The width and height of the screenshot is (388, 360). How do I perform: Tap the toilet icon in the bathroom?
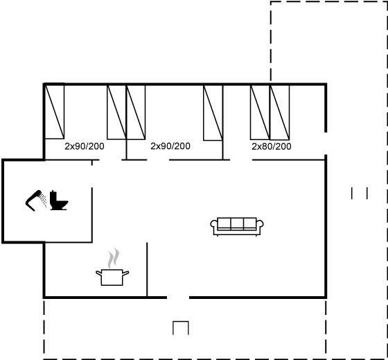[59, 200]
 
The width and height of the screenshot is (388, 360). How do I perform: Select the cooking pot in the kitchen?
[112, 277]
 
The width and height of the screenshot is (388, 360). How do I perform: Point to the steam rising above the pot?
[114, 258]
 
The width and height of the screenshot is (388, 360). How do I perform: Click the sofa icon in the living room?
[237, 226]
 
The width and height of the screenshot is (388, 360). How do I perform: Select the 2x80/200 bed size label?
[272, 146]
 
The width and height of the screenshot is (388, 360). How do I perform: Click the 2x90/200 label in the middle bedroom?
[170, 146]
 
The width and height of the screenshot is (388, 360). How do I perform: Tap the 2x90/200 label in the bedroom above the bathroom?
[85, 146]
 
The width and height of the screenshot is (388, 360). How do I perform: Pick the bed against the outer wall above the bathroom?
[55, 112]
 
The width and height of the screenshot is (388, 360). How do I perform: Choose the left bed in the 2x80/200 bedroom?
[260, 112]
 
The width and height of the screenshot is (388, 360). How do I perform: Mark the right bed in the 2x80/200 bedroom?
[280, 112]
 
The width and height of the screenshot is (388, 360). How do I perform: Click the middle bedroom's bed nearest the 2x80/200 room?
[213, 113]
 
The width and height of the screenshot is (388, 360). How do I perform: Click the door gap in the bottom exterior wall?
[178, 298]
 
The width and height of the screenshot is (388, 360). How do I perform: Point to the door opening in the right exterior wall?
[326, 144]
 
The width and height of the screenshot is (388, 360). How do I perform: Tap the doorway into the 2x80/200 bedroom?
[241, 160]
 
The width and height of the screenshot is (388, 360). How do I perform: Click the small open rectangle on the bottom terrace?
[181, 328]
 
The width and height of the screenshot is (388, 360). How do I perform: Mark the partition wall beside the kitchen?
[147, 270]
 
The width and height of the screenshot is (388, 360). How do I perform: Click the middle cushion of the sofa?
[237, 224]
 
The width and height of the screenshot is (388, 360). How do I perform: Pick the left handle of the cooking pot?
[98, 273]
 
